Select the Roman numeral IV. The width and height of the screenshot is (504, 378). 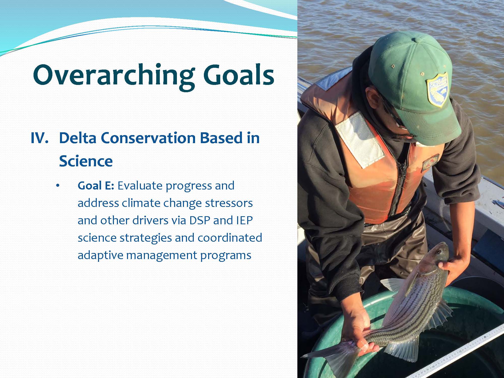(x=39, y=138)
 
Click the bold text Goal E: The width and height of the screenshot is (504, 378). (x=96, y=186)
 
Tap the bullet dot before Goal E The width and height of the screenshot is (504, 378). (x=58, y=186)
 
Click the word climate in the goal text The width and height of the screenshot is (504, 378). (x=141, y=203)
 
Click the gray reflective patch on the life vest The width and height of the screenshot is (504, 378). (x=360, y=140)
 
